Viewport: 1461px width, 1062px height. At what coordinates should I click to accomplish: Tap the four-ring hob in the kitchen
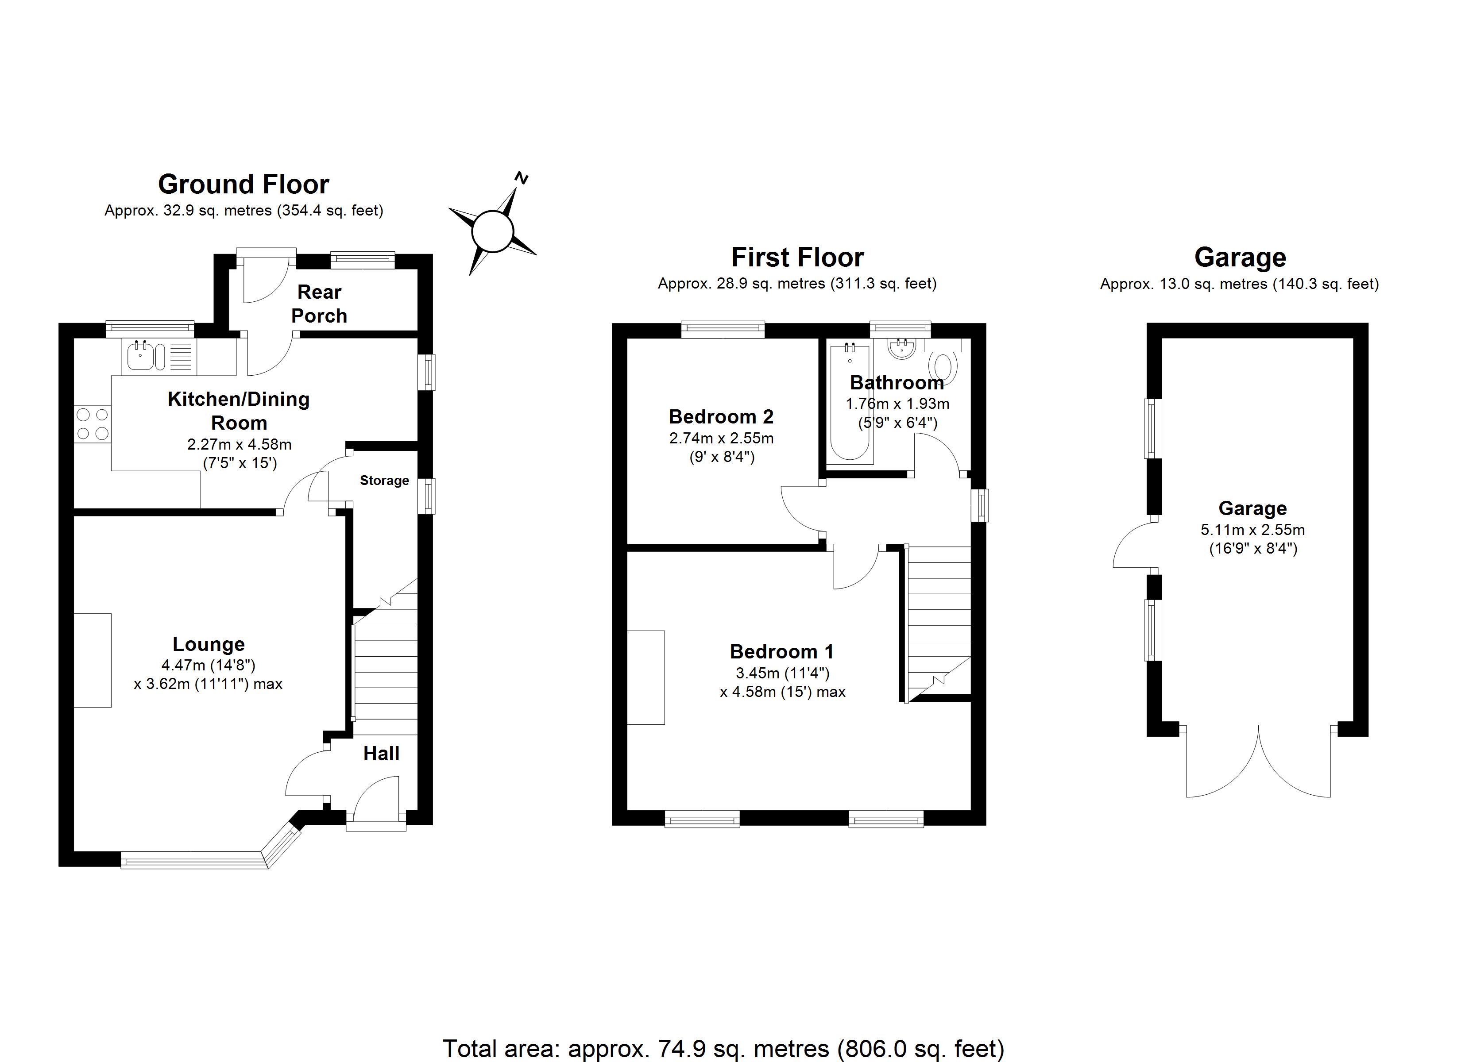click(93, 424)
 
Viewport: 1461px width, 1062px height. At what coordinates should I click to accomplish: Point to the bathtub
click(849, 403)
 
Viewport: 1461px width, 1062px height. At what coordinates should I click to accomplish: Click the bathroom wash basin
click(902, 348)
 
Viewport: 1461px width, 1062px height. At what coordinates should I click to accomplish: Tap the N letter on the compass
click(522, 178)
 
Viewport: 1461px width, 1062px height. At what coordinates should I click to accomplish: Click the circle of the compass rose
click(493, 231)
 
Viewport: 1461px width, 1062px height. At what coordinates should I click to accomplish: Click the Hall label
click(381, 754)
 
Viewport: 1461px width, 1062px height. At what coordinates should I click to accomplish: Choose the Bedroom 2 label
click(721, 417)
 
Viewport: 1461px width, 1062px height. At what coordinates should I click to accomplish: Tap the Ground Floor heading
click(243, 184)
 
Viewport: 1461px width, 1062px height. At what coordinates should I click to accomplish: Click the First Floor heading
click(797, 258)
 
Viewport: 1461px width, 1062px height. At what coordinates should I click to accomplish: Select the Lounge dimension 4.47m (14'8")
click(208, 665)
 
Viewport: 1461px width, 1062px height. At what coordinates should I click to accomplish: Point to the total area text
click(723, 1048)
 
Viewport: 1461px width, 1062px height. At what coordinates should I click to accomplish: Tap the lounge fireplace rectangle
click(93, 661)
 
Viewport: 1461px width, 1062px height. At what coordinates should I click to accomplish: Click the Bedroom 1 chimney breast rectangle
click(645, 677)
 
